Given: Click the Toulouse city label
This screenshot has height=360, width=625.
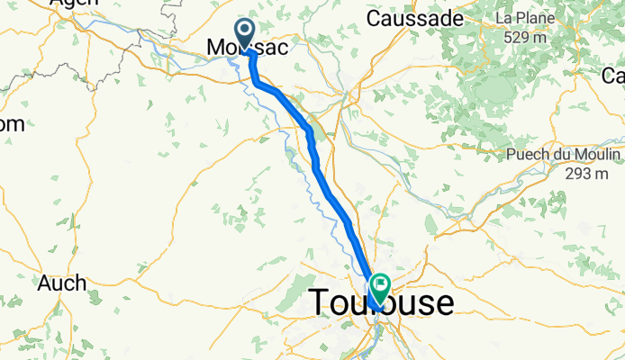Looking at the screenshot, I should click(x=382, y=303).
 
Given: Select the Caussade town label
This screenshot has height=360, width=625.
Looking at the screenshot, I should click(x=414, y=19).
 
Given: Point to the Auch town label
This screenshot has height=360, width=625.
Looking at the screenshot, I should click(x=62, y=283).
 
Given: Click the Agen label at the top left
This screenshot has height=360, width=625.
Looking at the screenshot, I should click(x=74, y=4).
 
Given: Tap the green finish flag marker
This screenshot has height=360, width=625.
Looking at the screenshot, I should click(x=379, y=289).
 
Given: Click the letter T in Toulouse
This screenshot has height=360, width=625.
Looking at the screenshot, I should click(x=320, y=303).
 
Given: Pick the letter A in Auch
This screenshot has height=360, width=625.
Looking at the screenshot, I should click(x=45, y=283).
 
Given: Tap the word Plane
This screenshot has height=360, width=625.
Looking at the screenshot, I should click(x=534, y=18).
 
